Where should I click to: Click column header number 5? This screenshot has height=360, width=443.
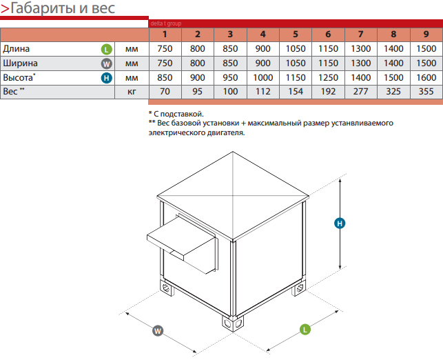(x=296, y=34)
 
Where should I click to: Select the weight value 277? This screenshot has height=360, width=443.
(x=360, y=92)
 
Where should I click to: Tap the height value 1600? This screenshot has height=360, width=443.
(x=426, y=77)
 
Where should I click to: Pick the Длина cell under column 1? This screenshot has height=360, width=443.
(x=165, y=49)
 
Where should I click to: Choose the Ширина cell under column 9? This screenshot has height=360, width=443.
(x=426, y=63)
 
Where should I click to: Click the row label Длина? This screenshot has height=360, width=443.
(x=16, y=49)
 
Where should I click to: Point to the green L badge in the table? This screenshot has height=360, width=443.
(x=107, y=50)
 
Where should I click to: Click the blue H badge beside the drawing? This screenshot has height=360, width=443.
(x=340, y=223)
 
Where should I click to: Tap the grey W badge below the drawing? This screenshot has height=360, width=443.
(x=158, y=330)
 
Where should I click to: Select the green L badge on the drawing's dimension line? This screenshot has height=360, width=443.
(x=305, y=329)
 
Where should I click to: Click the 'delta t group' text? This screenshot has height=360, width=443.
(x=166, y=23)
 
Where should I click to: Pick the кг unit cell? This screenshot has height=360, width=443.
(x=132, y=92)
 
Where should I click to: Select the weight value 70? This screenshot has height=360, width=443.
(x=165, y=92)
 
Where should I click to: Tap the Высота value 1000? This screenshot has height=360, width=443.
(x=262, y=77)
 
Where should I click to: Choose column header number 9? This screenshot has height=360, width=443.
(x=426, y=34)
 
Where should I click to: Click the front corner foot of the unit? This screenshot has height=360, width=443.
(x=232, y=323)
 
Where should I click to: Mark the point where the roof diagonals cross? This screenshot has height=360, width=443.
(x=233, y=195)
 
